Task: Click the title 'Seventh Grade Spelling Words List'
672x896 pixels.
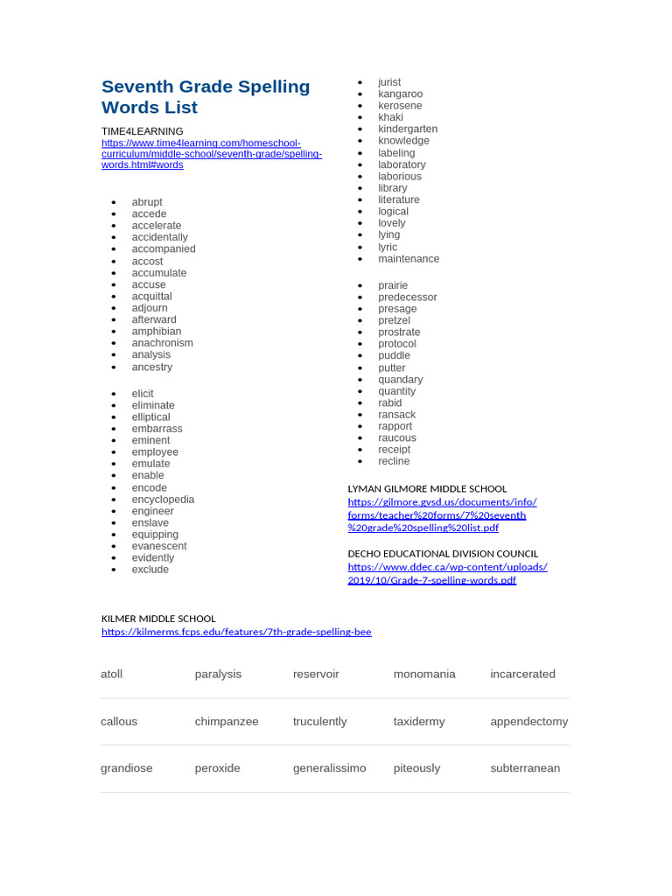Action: point(206,97)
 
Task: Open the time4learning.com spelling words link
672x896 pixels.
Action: point(212,154)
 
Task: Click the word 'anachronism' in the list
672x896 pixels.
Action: point(162,343)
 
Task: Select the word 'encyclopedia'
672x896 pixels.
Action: point(163,500)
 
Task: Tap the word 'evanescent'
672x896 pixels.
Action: point(159,546)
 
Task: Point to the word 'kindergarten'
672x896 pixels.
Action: point(408,129)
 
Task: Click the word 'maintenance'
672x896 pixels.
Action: point(409,259)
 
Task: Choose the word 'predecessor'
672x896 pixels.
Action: point(407,297)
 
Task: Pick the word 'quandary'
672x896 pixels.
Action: point(400,380)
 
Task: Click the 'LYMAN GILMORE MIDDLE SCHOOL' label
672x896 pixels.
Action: point(427,489)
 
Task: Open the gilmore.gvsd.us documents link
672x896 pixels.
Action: point(442,514)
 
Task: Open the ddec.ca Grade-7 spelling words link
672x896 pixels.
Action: point(447,573)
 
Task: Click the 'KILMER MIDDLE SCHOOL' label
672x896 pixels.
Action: point(158,619)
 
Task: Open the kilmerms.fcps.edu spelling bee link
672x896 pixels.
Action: point(236,632)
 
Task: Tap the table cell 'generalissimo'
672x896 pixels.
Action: point(330,768)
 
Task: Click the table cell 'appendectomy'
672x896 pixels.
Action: point(528,722)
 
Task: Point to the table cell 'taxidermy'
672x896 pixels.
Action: point(419,722)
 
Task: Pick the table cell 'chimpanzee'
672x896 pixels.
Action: point(227,722)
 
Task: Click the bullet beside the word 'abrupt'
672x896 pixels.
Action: point(114,202)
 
